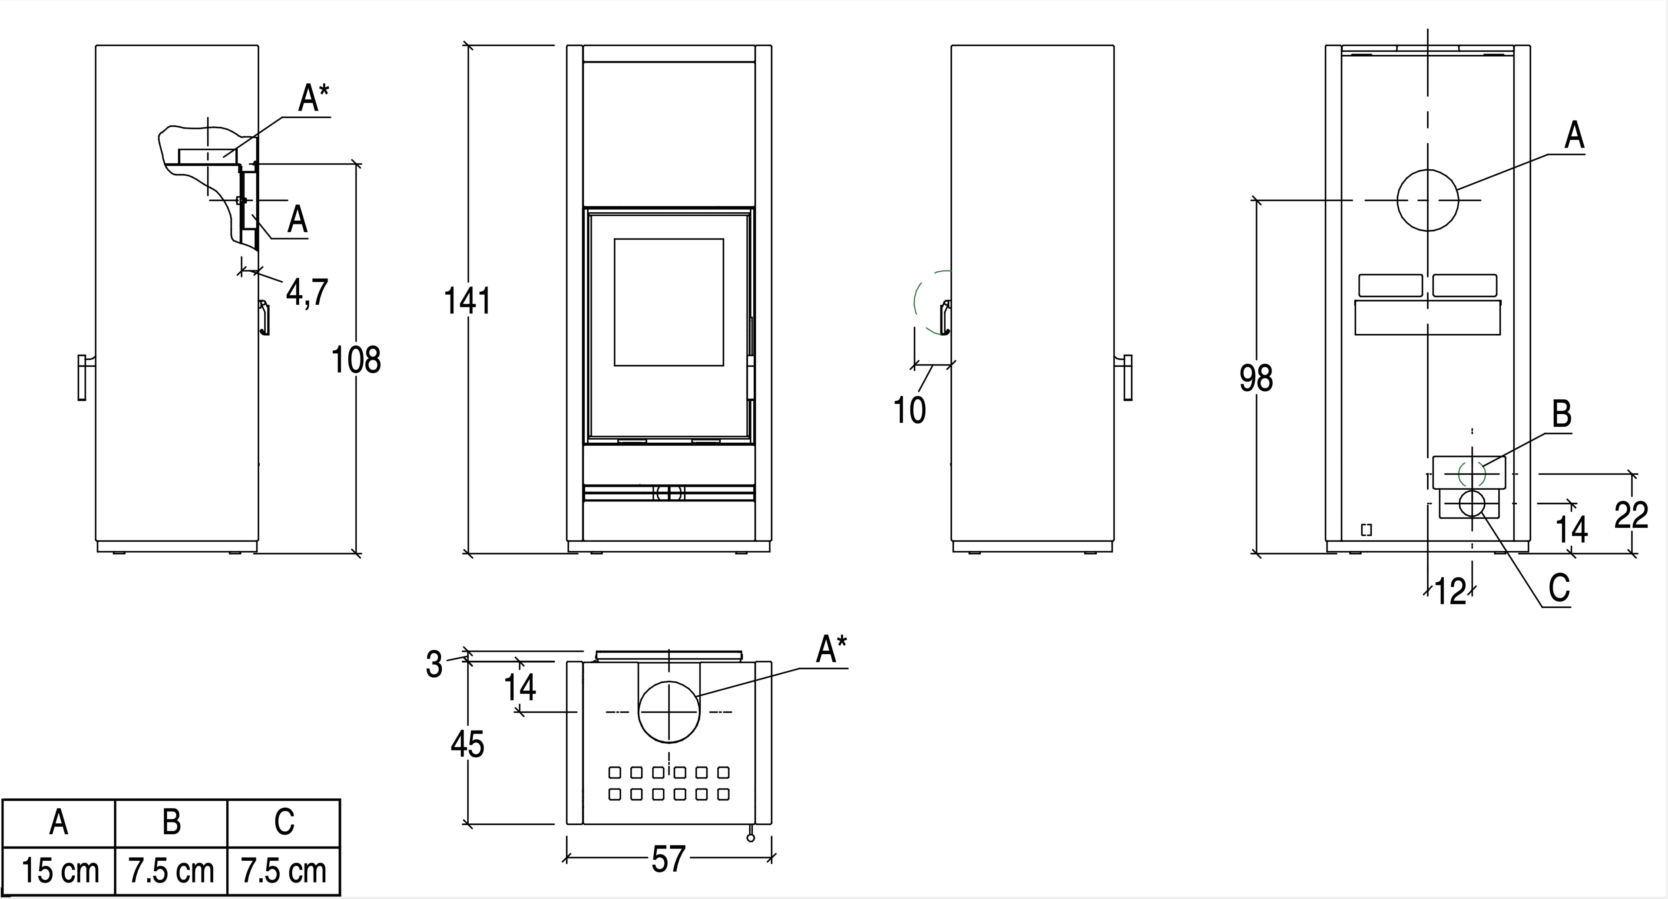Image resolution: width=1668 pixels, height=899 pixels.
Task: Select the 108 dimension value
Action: (356, 360)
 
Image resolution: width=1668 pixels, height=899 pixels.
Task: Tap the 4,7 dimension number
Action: (308, 293)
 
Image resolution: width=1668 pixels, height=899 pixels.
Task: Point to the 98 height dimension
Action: (1256, 378)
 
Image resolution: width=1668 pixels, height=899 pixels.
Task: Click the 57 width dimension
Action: (668, 859)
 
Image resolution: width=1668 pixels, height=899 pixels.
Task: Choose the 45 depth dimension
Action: (467, 744)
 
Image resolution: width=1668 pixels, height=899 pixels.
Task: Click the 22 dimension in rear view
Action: (1631, 516)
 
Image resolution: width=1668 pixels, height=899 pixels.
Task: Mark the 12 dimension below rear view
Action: (1450, 591)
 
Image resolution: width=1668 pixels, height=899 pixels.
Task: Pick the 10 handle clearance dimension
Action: (910, 410)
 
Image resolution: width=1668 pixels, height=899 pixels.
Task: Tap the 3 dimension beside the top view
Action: (434, 664)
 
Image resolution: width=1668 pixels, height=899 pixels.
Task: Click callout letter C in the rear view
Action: (1559, 588)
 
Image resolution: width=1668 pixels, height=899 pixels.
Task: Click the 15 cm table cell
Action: (60, 871)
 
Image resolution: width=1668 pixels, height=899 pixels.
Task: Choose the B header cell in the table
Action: (172, 823)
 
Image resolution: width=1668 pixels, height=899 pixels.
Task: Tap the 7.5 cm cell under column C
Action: (284, 871)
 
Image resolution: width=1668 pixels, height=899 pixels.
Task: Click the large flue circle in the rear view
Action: (1428, 200)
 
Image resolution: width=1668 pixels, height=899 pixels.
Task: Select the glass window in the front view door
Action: (669, 302)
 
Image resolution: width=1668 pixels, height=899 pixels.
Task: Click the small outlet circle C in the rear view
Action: (1472, 503)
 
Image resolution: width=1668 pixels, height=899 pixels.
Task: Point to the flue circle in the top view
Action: (669, 712)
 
